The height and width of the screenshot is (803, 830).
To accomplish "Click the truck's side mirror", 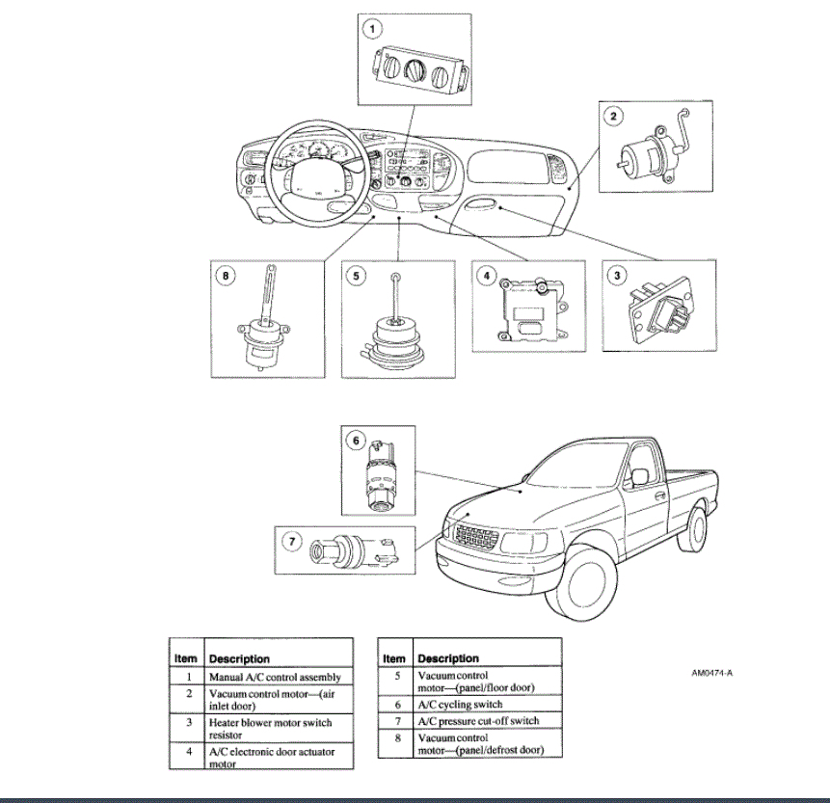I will pos(638,476).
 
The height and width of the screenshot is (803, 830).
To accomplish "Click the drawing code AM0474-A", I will pos(720,673).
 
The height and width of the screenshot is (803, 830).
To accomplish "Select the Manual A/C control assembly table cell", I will pos(276,677).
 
